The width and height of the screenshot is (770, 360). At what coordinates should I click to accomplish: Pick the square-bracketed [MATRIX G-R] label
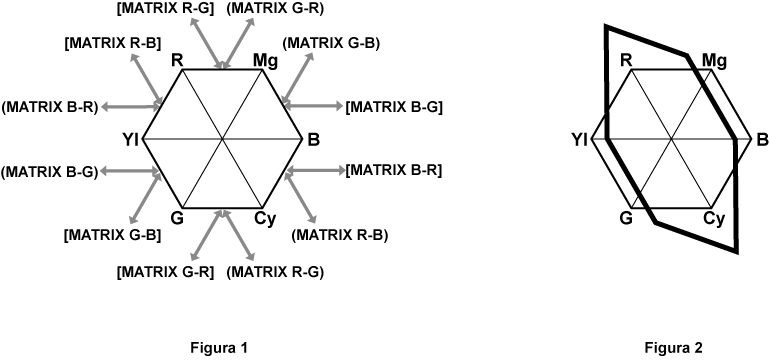(x=165, y=271)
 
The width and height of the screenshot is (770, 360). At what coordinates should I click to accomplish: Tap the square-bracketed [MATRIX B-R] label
(x=394, y=171)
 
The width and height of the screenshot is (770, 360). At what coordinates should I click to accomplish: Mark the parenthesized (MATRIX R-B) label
(x=340, y=236)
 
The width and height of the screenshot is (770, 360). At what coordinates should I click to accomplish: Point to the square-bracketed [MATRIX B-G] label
(x=394, y=105)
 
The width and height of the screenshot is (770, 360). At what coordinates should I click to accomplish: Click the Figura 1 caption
(x=219, y=347)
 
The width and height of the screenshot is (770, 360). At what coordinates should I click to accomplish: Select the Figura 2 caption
(x=674, y=347)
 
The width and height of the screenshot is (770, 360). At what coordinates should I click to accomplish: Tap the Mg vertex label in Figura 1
(x=265, y=61)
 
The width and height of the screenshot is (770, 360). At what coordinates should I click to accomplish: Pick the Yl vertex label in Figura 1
(x=130, y=139)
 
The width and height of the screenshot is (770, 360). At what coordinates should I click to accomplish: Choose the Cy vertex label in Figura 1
(x=264, y=219)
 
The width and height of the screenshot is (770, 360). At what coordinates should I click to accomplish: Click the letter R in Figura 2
(x=626, y=61)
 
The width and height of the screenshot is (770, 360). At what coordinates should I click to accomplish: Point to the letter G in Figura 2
(x=626, y=219)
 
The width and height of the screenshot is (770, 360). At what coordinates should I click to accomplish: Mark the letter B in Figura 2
(x=761, y=139)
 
